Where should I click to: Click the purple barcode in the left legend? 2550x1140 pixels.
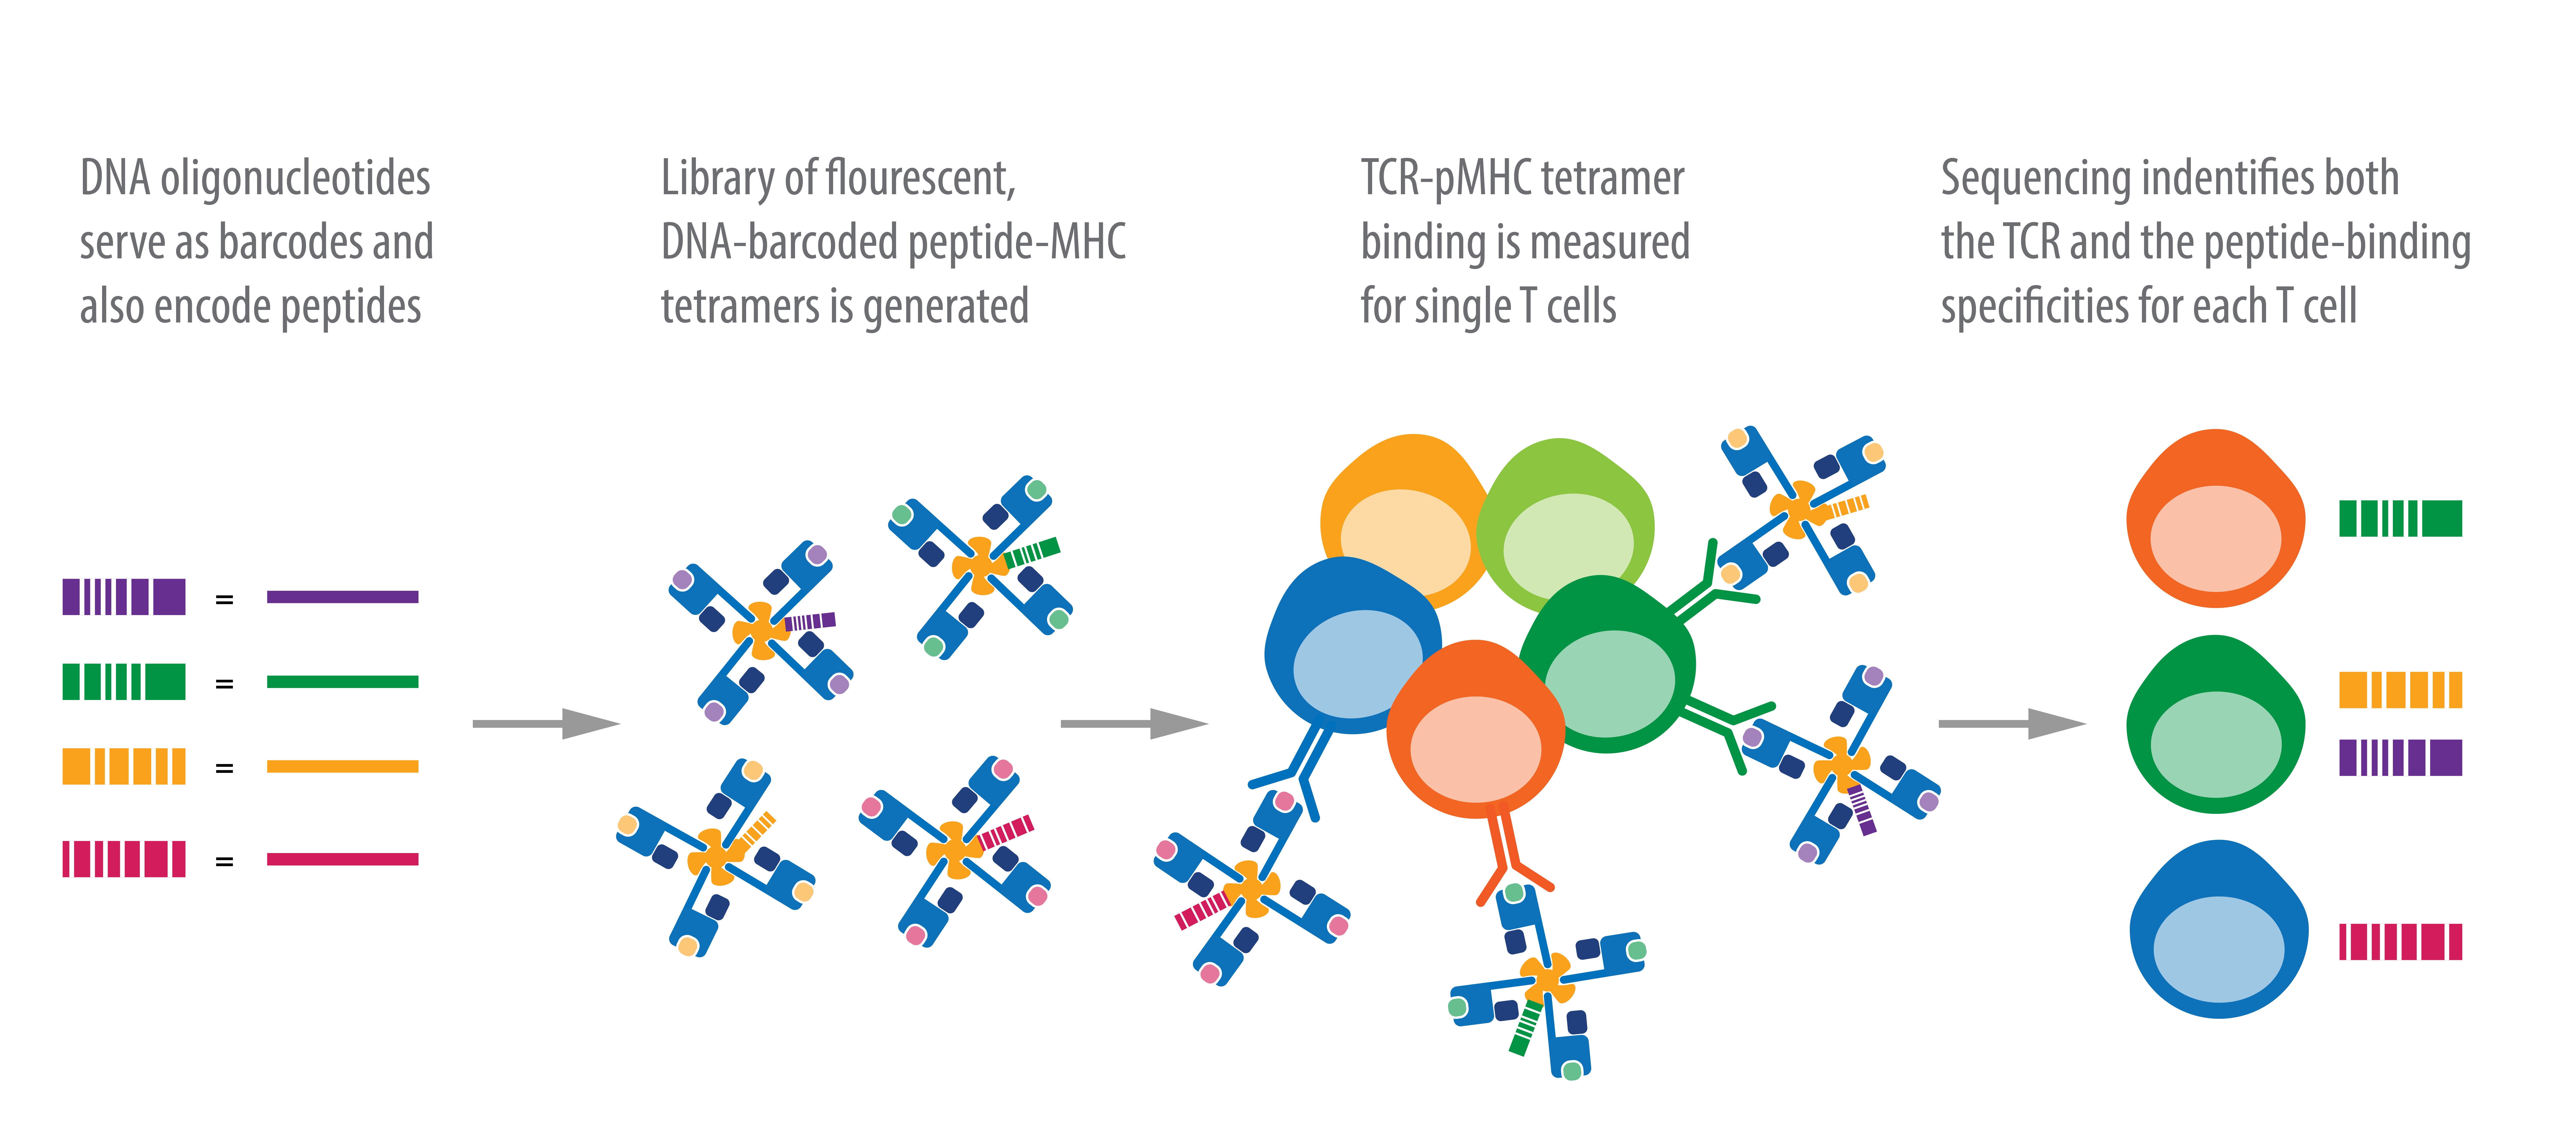click(x=124, y=597)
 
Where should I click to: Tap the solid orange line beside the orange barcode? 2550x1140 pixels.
click(x=343, y=766)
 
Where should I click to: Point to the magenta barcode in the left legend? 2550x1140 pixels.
click(x=124, y=859)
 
